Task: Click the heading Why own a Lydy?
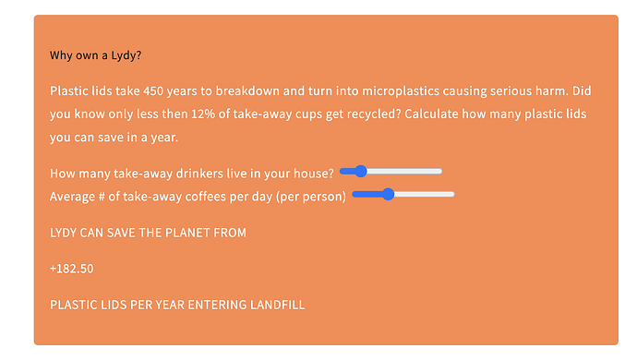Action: pyautogui.click(x=95, y=55)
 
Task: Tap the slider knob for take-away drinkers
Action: pyautogui.click(x=360, y=171)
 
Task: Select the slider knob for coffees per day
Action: pyautogui.click(x=389, y=194)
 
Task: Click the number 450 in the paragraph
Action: pyautogui.click(x=153, y=90)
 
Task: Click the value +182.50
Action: pyautogui.click(x=71, y=269)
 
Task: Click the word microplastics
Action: pyautogui.click(x=401, y=90)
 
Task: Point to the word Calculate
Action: pyautogui.click(x=431, y=114)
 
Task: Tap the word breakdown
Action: pyautogui.click(x=247, y=90)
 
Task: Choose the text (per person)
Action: pyautogui.click(x=311, y=197)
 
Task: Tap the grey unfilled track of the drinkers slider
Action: pyautogui.click(x=404, y=171)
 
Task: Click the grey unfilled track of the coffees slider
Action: pyautogui.click(x=425, y=194)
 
